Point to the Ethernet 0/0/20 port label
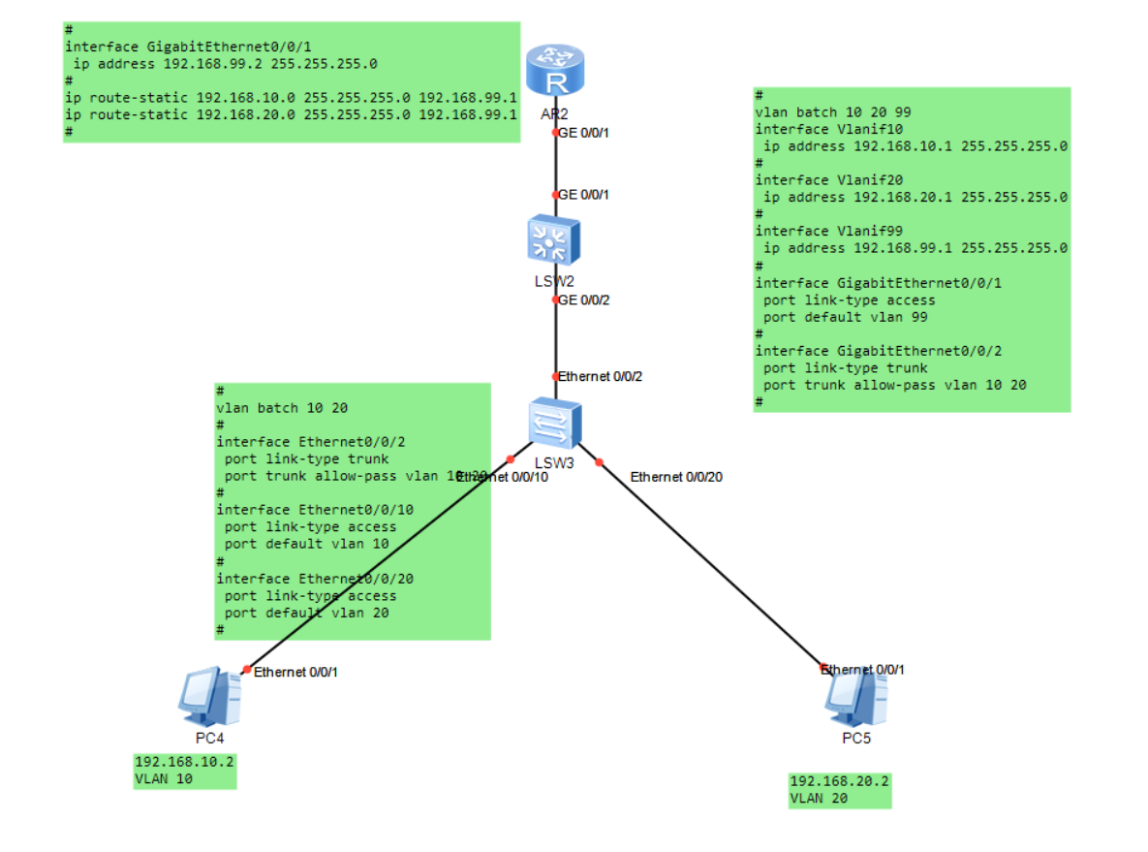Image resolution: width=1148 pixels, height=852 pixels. (x=676, y=476)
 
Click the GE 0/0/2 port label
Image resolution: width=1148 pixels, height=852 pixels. (x=584, y=300)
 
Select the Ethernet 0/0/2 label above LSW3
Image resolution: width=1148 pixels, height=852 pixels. (x=601, y=375)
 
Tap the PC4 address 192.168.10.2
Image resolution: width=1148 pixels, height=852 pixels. (x=184, y=762)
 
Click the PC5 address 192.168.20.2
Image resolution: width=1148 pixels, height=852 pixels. (x=839, y=781)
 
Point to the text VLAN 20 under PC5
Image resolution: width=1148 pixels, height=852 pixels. (x=820, y=799)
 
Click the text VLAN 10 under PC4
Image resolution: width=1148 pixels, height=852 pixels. (x=165, y=779)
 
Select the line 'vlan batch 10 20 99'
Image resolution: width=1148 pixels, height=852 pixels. (x=832, y=112)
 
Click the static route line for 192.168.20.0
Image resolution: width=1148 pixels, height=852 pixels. (x=291, y=115)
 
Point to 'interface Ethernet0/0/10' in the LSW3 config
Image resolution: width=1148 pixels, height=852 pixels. (x=315, y=510)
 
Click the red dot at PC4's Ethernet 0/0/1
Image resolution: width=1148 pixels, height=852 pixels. (x=246, y=669)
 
